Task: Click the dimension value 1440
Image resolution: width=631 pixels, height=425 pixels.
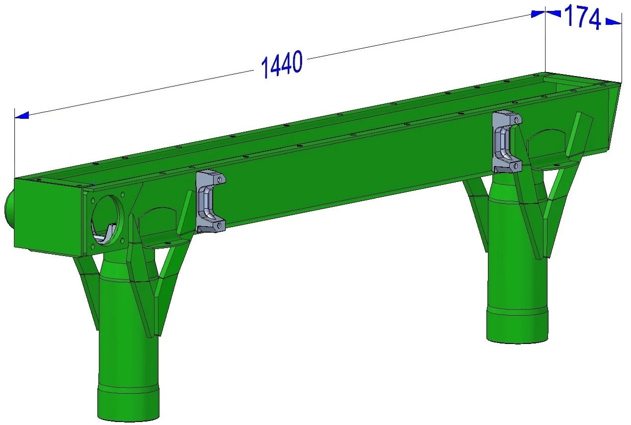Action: pyautogui.click(x=282, y=64)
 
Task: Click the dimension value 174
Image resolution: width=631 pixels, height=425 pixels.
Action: pyautogui.click(x=582, y=17)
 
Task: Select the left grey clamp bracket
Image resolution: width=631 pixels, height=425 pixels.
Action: pyautogui.click(x=210, y=201)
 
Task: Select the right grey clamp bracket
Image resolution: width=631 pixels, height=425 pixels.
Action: pyautogui.click(x=506, y=142)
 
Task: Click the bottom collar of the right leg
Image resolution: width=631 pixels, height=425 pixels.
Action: pyautogui.click(x=517, y=326)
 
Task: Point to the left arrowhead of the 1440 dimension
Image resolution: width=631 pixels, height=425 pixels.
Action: pyautogui.click(x=22, y=115)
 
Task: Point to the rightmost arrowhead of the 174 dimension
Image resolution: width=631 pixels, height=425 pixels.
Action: pyautogui.click(x=613, y=21)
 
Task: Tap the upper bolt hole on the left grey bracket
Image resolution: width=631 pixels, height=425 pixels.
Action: pyautogui.click(x=220, y=179)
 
